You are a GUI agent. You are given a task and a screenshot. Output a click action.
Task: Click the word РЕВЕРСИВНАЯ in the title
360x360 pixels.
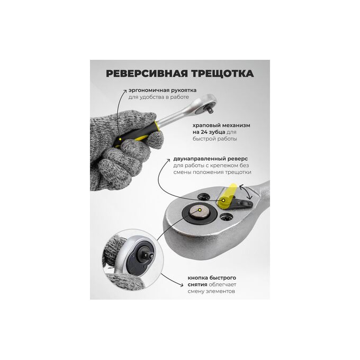[x=147, y=74]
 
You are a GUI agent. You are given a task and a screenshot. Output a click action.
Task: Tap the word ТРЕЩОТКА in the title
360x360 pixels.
[x=222, y=74]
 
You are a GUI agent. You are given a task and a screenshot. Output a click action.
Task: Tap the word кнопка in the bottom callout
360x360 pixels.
[x=197, y=278]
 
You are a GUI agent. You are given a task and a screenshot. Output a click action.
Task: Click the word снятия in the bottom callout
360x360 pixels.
[x=197, y=285]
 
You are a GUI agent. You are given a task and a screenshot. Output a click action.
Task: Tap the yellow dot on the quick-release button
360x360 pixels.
[x=200, y=210]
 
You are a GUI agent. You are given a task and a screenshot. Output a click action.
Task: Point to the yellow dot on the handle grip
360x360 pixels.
[x=120, y=139]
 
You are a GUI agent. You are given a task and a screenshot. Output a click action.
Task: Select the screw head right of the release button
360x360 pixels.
[x=227, y=216]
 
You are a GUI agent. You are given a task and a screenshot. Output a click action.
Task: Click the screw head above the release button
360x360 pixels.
[x=204, y=196]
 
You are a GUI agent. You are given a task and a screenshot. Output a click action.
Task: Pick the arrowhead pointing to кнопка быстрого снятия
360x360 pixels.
[x=181, y=285]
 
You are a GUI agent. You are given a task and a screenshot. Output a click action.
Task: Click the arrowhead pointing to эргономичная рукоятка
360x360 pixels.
[x=124, y=91]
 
